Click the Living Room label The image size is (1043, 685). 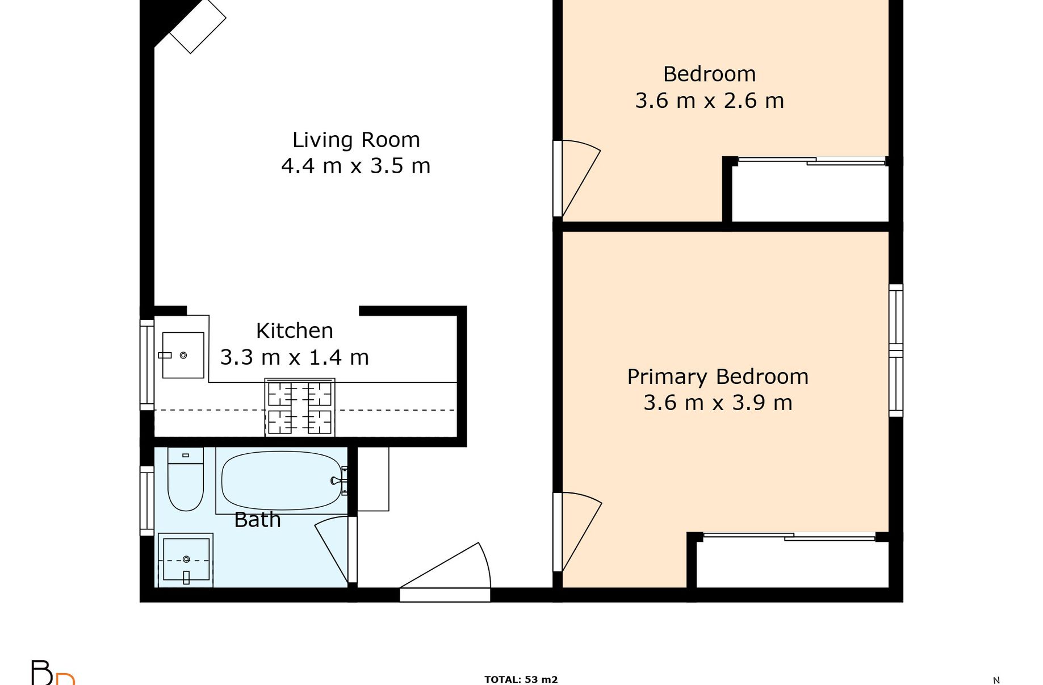click(x=356, y=140)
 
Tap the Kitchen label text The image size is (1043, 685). click(x=294, y=331)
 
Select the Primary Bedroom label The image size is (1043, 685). click(x=718, y=377)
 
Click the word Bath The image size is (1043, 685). click(x=257, y=520)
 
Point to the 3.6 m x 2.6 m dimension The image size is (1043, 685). click(x=709, y=101)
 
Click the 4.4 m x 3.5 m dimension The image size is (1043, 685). click(x=356, y=166)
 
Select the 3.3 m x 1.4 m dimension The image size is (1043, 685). click(x=294, y=357)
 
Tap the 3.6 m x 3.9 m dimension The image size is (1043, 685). click(x=718, y=403)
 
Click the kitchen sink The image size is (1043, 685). click(x=183, y=355)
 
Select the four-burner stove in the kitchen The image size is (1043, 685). click(x=300, y=407)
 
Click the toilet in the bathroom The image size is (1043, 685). click(x=186, y=479)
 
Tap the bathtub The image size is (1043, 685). click(x=282, y=481)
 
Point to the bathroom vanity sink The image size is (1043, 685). click(x=186, y=561)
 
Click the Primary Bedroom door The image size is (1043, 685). click(x=577, y=532)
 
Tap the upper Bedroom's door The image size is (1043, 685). click(x=577, y=178)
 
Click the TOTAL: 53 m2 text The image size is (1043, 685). click(x=521, y=679)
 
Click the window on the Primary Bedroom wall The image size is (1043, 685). click(x=896, y=350)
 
